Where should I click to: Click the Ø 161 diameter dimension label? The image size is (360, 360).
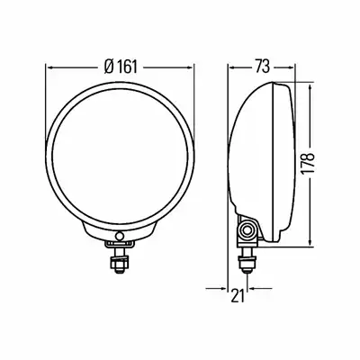121,67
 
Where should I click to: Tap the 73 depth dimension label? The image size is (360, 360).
263,67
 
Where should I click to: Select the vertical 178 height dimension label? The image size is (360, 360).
308,164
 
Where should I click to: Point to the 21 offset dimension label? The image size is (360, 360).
238,296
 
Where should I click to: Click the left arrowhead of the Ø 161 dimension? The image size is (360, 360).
50,68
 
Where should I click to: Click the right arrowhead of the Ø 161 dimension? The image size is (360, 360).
189,68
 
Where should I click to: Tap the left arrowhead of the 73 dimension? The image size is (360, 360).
232,67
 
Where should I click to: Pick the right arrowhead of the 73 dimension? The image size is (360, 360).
290,67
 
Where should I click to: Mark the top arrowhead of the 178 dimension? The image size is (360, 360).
310,87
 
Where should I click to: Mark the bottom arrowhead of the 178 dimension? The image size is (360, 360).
310,243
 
